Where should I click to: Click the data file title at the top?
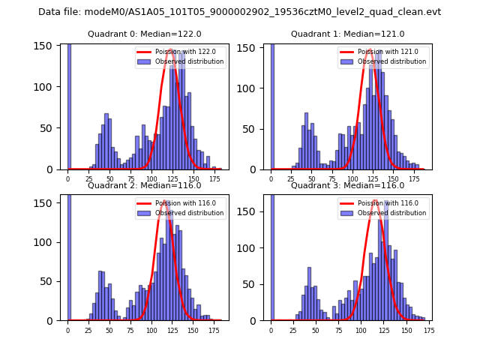(239, 12)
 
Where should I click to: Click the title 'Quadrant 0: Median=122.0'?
(144, 34)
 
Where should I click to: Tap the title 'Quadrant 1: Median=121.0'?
(347, 34)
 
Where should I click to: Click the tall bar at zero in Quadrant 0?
(69, 105)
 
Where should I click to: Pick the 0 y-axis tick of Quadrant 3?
(260, 320)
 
